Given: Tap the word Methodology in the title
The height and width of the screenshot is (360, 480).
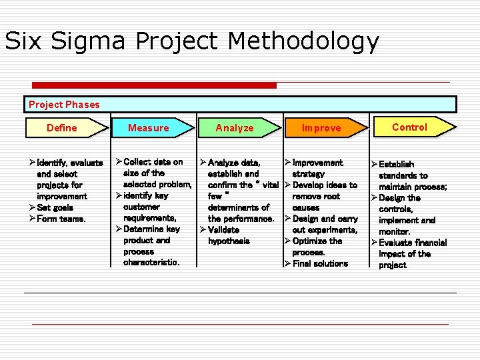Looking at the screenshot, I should tap(303, 41).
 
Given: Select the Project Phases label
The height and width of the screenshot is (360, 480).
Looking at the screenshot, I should tap(64, 105).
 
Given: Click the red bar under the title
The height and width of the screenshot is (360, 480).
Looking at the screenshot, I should tap(154, 85).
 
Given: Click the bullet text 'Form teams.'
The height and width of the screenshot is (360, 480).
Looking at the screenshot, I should tap(61, 219).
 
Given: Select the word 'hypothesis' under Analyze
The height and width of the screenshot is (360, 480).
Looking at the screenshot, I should tap(229, 241).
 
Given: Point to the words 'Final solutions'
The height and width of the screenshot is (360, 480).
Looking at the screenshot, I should tap(320, 263).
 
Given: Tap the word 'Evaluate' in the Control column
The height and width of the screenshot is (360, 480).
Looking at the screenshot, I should tap(397, 243).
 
